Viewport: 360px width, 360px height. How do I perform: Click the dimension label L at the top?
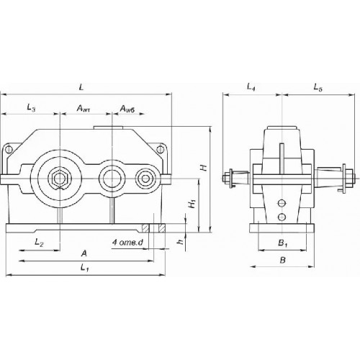(81, 87)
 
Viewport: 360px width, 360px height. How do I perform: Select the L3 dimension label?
(31, 108)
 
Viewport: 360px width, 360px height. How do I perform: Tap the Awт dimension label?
(84, 109)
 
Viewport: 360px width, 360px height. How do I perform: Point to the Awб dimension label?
(127, 109)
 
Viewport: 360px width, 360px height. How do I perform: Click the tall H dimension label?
(204, 167)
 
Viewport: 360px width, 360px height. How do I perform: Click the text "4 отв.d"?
(127, 243)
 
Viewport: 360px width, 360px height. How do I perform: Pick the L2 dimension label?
(39, 243)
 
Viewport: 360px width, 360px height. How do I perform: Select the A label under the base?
(84, 253)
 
